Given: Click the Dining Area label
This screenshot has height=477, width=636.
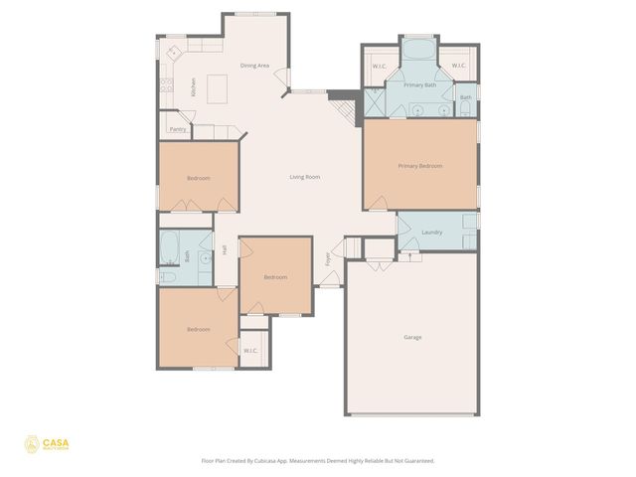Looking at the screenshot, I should tap(255, 66).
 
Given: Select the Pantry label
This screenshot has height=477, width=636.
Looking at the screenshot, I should tap(178, 129).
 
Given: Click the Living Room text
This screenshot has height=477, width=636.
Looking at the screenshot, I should tap(304, 177).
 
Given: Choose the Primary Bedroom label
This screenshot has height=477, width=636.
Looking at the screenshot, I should tap(419, 165).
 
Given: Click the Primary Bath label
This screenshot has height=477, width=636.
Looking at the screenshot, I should tap(419, 85).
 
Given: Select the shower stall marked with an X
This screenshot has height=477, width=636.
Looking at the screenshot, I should tap(374, 101).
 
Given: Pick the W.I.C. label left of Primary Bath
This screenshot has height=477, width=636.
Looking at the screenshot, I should tap(379, 66).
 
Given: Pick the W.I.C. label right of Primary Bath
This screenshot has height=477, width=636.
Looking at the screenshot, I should tap(458, 66).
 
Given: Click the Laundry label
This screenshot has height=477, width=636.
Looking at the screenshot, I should tap(431, 232).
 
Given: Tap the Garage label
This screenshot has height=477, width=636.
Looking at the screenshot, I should tap(412, 337).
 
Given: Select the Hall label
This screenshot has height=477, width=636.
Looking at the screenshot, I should tap(225, 250).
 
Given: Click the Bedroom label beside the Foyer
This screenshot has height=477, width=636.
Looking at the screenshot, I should tap(275, 277).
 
